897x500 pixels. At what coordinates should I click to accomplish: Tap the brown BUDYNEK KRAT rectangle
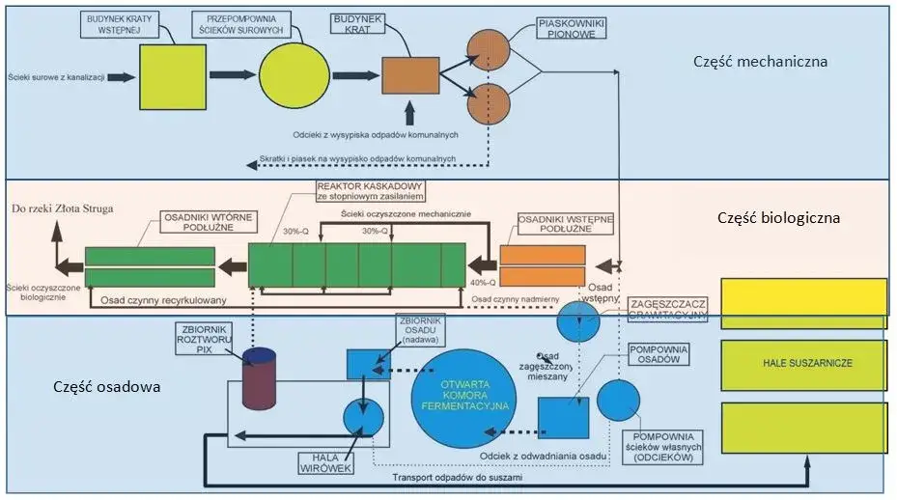click(x=410, y=76)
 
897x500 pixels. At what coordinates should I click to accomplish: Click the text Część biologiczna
click(x=778, y=218)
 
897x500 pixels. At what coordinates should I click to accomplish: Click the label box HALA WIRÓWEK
click(x=322, y=464)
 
